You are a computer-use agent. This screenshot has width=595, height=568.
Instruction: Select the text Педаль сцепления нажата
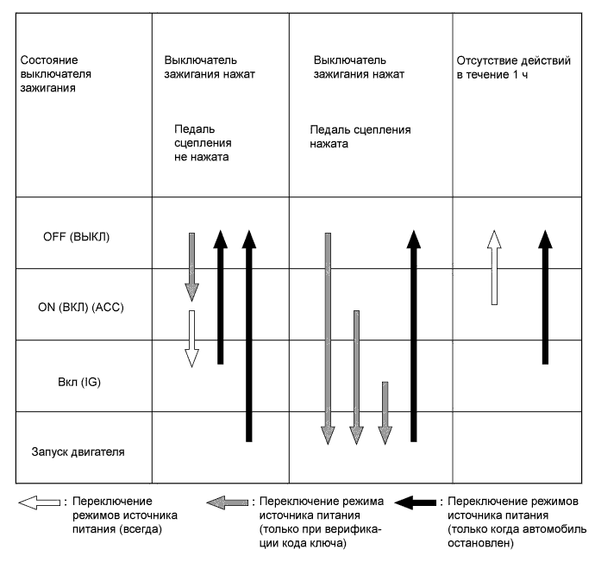pos(360,137)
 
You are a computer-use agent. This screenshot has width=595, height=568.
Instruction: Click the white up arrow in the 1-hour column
pos(493,268)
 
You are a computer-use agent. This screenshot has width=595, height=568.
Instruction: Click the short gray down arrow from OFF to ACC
pos(192,265)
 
